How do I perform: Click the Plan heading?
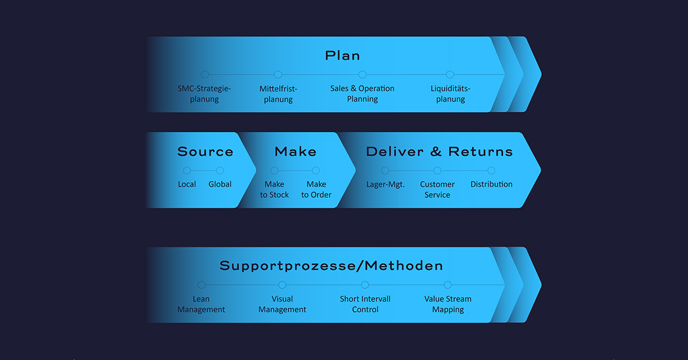(342, 56)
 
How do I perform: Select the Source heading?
(205, 151)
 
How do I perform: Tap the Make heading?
(295, 151)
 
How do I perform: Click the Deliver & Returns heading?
(440, 151)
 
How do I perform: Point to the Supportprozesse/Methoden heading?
(331, 266)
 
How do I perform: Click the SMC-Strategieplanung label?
(204, 93)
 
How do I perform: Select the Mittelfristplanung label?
(278, 94)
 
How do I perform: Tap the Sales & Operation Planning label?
(362, 93)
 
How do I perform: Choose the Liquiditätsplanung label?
(451, 93)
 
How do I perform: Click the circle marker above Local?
(187, 170)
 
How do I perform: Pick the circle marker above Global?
(220, 170)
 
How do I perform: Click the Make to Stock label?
(274, 190)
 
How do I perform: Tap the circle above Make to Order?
(316, 170)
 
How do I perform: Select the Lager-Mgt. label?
(385, 185)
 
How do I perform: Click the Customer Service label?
(437, 190)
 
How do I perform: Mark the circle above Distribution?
(491, 170)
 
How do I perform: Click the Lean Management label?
(201, 304)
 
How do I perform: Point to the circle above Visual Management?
(282, 285)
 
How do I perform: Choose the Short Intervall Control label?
(365, 304)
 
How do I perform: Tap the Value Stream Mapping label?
(448, 304)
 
